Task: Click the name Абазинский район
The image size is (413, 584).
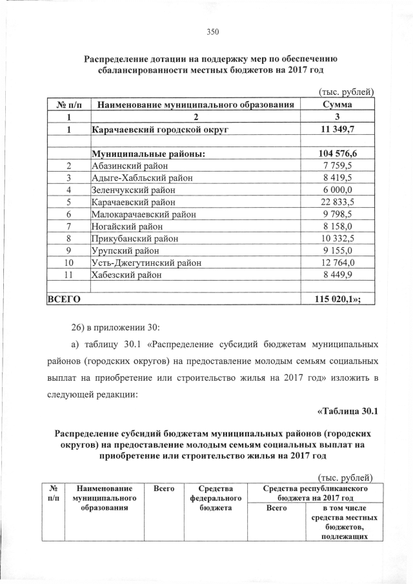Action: [x=129, y=166]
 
